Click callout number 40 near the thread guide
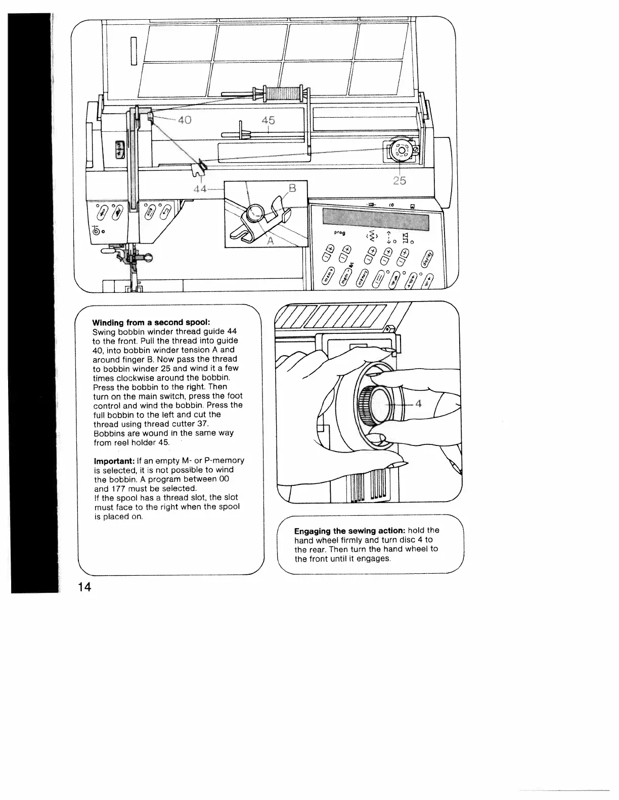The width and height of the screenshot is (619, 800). point(185,121)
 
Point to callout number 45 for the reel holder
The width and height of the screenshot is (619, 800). point(268,120)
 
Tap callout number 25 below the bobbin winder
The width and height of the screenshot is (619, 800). point(400,181)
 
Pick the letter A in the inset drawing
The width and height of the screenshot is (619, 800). point(270,241)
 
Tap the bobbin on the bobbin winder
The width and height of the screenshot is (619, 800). point(400,150)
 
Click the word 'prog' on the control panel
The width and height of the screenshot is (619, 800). point(339,233)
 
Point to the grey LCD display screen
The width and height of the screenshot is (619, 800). point(375,219)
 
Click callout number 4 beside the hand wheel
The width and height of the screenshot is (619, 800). point(418,404)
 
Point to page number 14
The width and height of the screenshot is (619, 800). point(84,587)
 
